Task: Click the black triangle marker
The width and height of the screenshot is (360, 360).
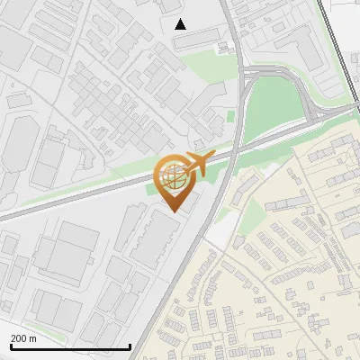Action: tap(180, 24)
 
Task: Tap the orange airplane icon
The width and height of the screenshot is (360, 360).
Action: tap(197, 164)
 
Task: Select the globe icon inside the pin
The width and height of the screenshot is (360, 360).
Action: tap(173, 177)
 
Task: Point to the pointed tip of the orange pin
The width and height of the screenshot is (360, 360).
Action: tap(174, 211)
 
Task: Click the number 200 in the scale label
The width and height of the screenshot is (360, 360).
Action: tap(18, 338)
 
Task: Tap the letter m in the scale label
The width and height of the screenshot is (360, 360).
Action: tap(33, 338)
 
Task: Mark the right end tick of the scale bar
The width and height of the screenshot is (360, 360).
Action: tap(130, 346)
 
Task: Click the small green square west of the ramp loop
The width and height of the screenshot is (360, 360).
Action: tap(230, 115)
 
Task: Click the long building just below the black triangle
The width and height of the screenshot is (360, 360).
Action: tap(197, 36)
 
